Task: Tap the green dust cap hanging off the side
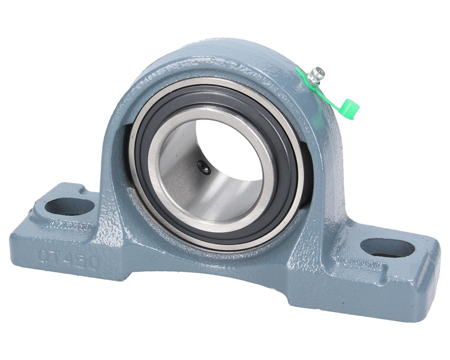pyautogui.click(x=349, y=109)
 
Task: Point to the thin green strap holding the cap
pyautogui.click(x=329, y=96)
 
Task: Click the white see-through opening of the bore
pyautogui.click(x=234, y=147)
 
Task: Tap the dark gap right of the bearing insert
pyautogui.click(x=307, y=180)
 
